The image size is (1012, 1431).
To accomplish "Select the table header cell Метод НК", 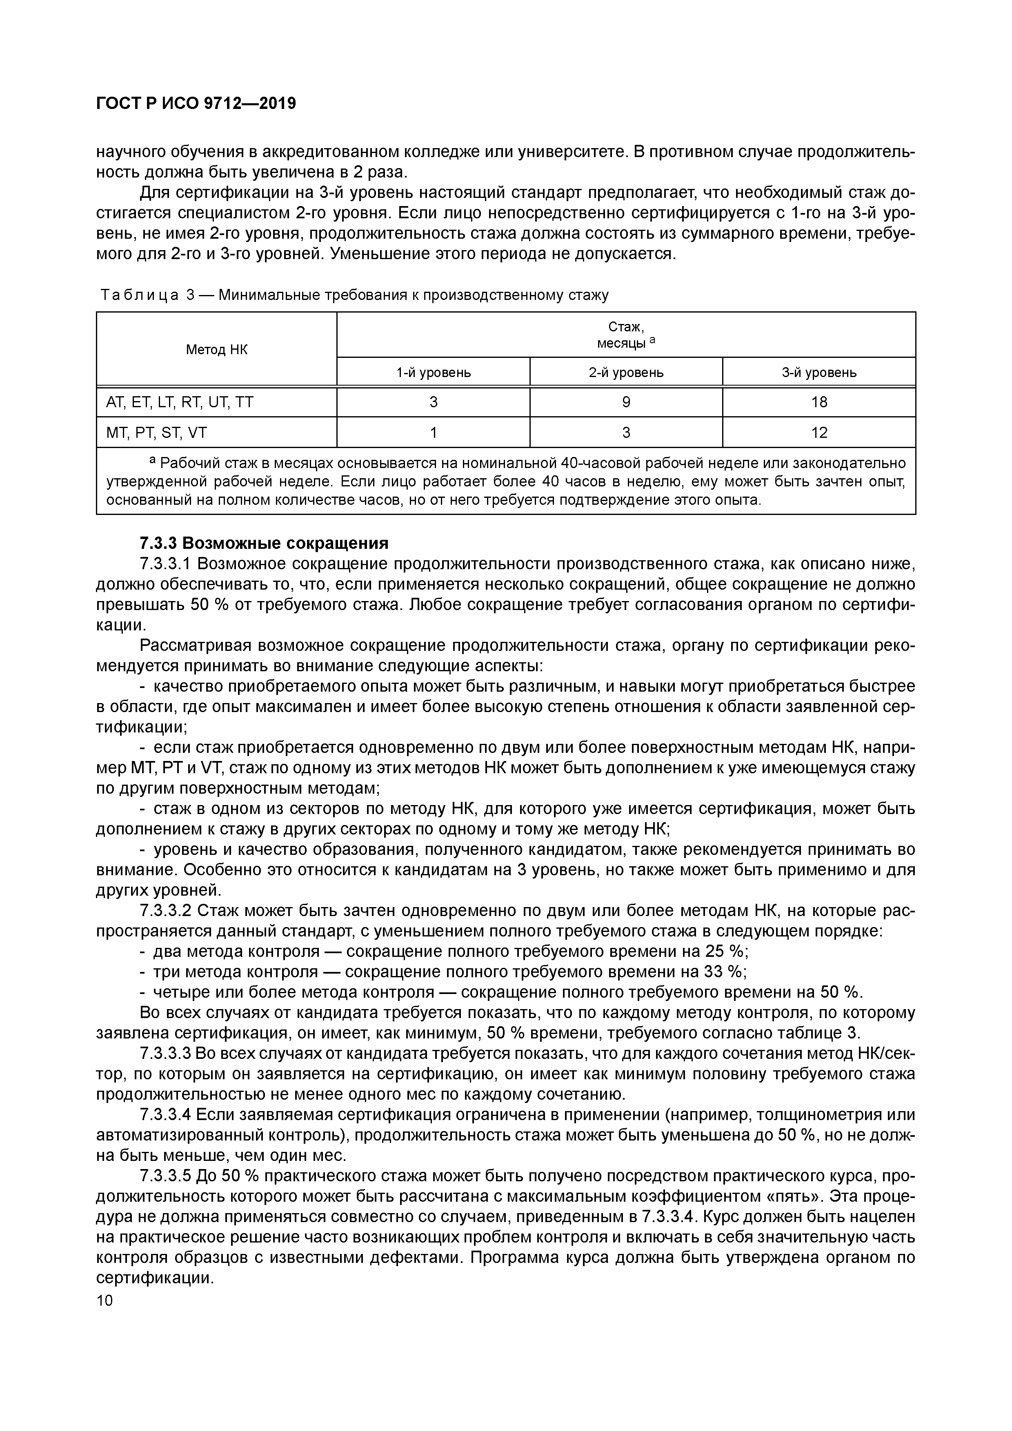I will pos(216,350).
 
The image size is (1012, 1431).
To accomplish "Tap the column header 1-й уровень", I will pos(434,373).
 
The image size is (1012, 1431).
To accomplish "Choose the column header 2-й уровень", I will pos(626,373).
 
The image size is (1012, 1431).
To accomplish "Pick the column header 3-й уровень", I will pos(819,373).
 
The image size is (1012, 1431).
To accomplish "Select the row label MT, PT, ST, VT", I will pos(160,433).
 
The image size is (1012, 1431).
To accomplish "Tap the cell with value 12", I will pos(819,433).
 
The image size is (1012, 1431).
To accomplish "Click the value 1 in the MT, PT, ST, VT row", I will pos(434,433).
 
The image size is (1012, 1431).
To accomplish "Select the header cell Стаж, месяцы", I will pos(626,335).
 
